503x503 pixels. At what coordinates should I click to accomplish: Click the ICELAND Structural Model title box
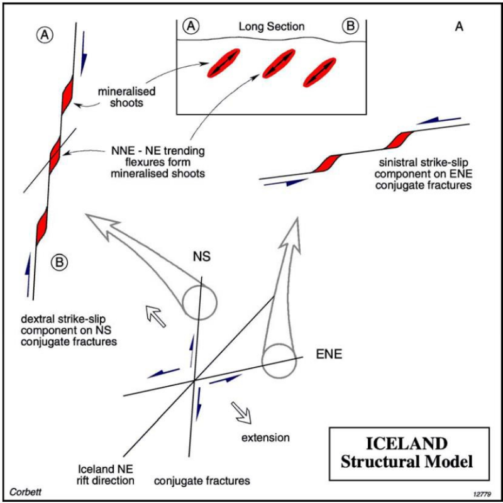click(408, 453)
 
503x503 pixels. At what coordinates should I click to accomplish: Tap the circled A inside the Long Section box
click(192, 26)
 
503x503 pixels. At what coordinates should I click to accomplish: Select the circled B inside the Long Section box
click(349, 26)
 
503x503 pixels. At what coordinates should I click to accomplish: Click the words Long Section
click(271, 26)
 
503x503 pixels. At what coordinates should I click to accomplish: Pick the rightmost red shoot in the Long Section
click(319, 71)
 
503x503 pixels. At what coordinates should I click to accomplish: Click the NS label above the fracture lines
click(202, 257)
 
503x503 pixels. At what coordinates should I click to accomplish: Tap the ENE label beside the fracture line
click(329, 355)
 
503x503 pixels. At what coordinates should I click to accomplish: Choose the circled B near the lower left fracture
click(57, 262)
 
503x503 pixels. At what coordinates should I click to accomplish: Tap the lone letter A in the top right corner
click(460, 26)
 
